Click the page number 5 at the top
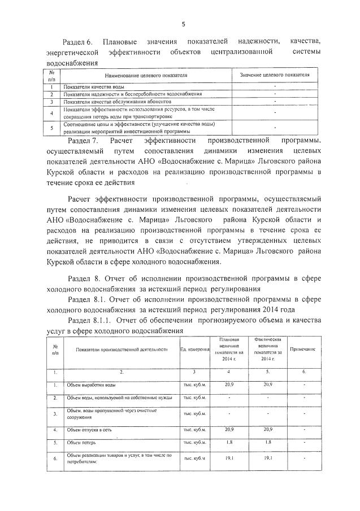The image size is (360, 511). pos(183,23)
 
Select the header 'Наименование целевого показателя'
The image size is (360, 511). pos(146,75)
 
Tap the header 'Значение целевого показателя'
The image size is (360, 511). pos(275,75)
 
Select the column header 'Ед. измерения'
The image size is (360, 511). pos(194,350)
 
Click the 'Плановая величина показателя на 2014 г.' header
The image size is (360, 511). pos(229,349)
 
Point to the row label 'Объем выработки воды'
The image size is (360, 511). pos(92,385)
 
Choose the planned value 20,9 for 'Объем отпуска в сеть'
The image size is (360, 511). pos(229,430)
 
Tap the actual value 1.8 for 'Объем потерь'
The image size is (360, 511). pos(268,443)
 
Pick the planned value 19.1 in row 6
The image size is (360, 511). pos(229,459)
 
